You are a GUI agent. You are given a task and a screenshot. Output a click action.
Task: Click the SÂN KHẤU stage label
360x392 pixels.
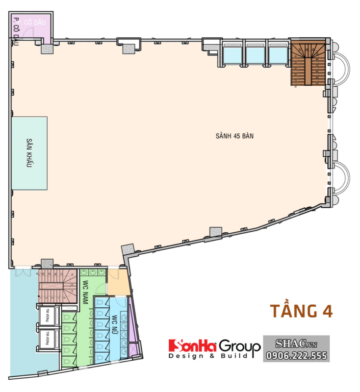tap(29, 153)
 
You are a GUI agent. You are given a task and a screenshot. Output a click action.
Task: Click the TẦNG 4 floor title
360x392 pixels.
tap(301, 311)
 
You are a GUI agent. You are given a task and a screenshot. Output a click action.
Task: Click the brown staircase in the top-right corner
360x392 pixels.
tap(308, 63)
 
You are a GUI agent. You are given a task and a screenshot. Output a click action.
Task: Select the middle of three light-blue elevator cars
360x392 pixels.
tap(256, 54)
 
